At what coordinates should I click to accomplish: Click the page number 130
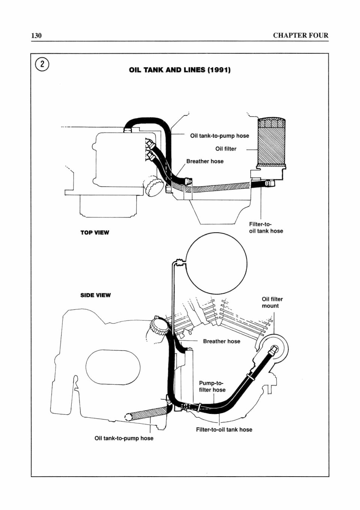coord(36,36)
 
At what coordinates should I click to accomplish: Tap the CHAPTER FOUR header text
coord(301,36)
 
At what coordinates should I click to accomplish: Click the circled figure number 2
coord(42,65)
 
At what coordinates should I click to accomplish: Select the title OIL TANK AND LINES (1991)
coord(180,70)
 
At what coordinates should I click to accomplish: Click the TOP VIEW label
coord(95,233)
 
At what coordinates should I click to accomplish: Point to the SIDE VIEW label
coord(95,295)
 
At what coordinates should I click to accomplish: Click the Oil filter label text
coord(226,149)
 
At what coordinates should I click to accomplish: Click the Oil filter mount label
coord(272,302)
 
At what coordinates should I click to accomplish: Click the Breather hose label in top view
coord(205,161)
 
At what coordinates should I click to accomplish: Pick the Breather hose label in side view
coord(221,341)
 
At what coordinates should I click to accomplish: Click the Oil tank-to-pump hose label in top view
coord(220,136)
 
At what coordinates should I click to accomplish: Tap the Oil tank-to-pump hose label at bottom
coord(124,438)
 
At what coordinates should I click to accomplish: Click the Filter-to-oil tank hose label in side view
coord(224,430)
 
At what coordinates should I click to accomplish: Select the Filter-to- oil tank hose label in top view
coord(266,227)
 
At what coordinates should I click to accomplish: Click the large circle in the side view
coord(216,263)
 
